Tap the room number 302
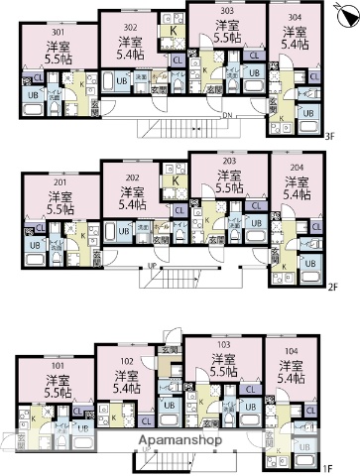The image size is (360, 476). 130,28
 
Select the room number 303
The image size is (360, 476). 227,11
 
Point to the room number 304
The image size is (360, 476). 295,18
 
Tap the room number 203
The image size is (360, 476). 227,161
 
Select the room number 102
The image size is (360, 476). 126,362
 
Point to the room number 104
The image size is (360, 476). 292,351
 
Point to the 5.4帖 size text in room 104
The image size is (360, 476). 292,379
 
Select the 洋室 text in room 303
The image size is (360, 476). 227,25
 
